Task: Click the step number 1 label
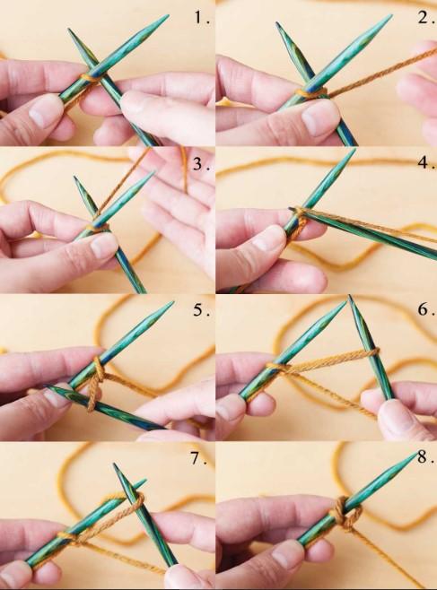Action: point(202,18)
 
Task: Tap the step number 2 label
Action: point(426,17)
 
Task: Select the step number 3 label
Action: point(201,164)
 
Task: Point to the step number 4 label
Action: point(426,162)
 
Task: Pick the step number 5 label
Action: point(201,310)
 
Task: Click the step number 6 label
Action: point(426,309)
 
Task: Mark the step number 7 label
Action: point(198,459)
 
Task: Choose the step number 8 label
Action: point(425,457)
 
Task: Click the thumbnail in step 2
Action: point(320,119)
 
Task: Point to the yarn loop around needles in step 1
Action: point(91,78)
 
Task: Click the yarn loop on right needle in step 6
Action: point(372,352)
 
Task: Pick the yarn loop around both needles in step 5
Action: point(95,384)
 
